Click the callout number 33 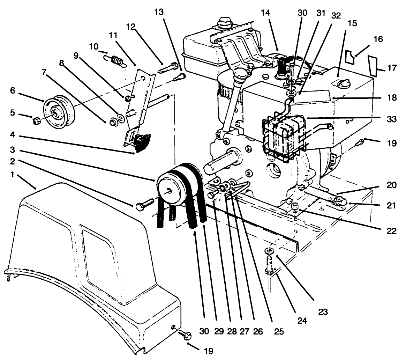click(391, 119)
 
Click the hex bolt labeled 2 click(143, 203)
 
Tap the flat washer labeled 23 click(269, 250)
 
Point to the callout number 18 click(391, 98)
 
